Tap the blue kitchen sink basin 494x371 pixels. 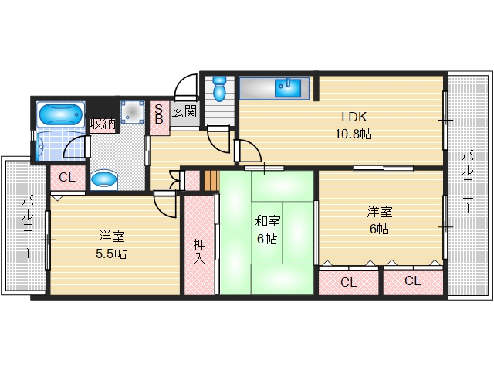click(x=288, y=87)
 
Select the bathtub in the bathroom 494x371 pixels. click(x=60, y=114)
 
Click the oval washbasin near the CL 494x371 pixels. click(x=104, y=180)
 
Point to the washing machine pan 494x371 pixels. click(x=133, y=112)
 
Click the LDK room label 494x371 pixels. click(x=354, y=117)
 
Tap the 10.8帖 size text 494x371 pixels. click(x=354, y=134)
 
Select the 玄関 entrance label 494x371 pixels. click(x=184, y=111)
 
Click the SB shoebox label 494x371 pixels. click(x=159, y=114)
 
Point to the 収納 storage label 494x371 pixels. click(x=103, y=124)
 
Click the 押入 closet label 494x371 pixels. click(x=199, y=251)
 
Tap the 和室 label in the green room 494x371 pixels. click(x=268, y=221)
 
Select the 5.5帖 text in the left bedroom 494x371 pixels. click(x=111, y=254)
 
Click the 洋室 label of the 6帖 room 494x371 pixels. click(x=379, y=212)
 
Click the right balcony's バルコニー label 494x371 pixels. click(x=468, y=182)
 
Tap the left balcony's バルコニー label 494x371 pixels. click(x=28, y=227)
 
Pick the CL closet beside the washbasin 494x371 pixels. click(x=67, y=178)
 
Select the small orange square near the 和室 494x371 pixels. click(x=211, y=180)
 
